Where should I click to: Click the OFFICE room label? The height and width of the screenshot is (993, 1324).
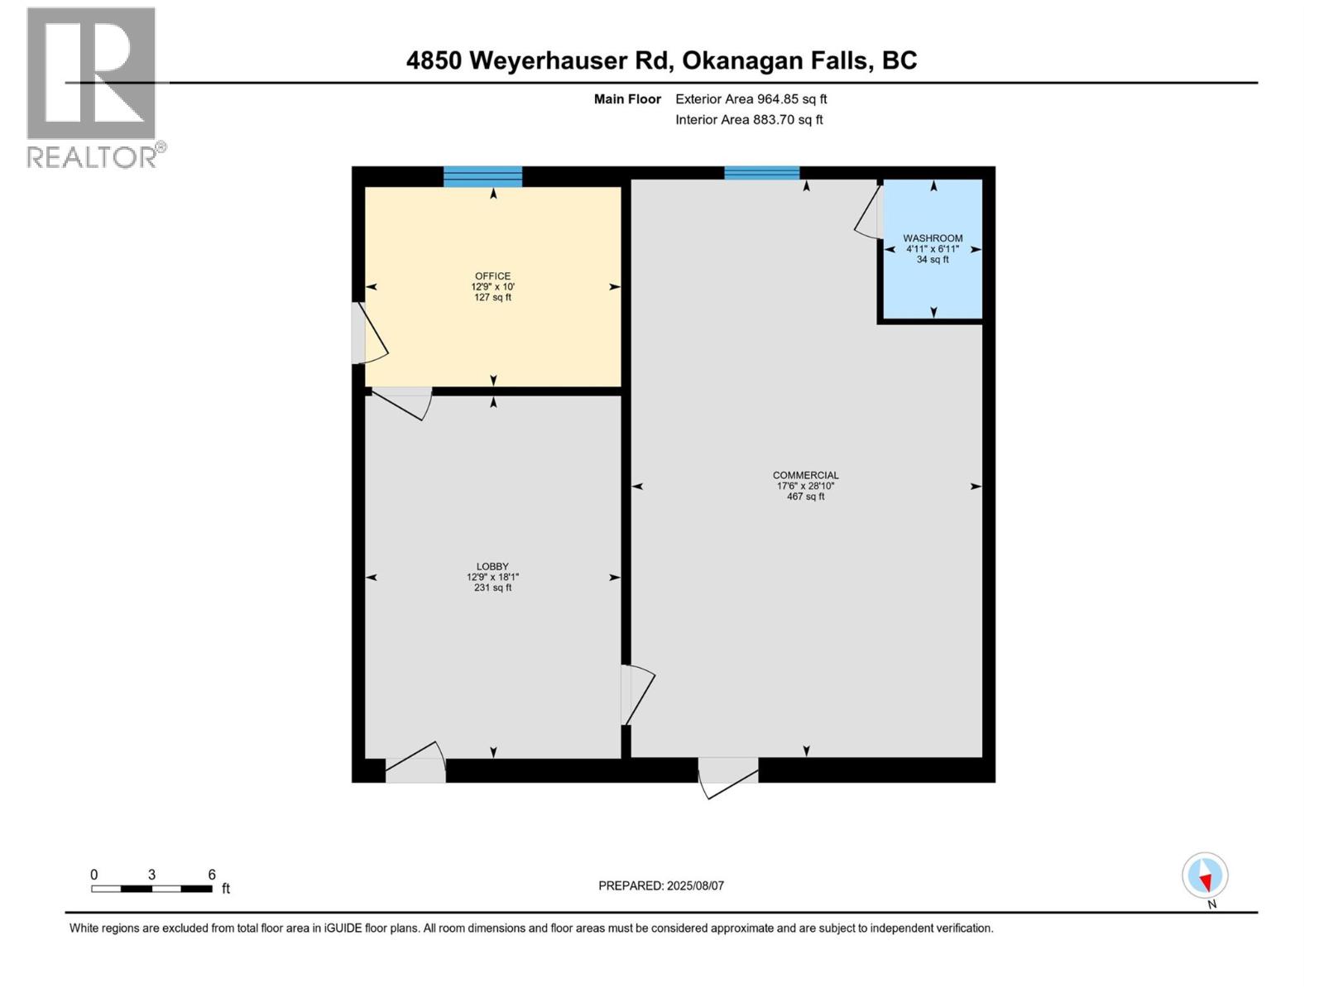point(492,276)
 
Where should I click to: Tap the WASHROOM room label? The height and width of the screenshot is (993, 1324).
point(933,238)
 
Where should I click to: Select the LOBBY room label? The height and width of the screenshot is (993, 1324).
point(492,567)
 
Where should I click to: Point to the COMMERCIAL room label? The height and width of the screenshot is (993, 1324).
point(805,475)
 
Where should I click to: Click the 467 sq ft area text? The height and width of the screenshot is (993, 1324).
point(805,496)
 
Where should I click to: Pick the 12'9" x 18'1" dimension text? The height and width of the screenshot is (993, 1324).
point(492,578)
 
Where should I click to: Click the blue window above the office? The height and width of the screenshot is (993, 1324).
point(482,176)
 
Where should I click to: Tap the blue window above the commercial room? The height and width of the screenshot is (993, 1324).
point(761,173)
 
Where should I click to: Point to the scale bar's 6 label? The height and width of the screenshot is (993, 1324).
point(212,875)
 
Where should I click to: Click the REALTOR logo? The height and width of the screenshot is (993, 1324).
point(93,87)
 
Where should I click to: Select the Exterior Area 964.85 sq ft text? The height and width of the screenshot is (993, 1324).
point(751,99)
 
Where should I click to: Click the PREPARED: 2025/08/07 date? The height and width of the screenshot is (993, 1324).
point(661,885)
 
